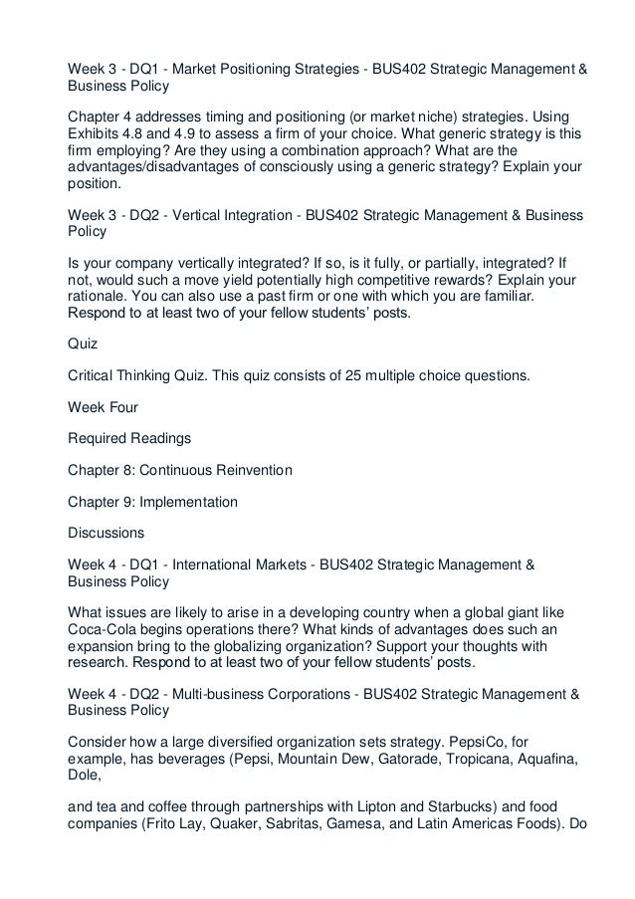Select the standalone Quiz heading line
83,345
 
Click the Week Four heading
104,407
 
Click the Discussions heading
106,532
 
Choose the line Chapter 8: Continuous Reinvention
179,469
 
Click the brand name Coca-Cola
106,629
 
